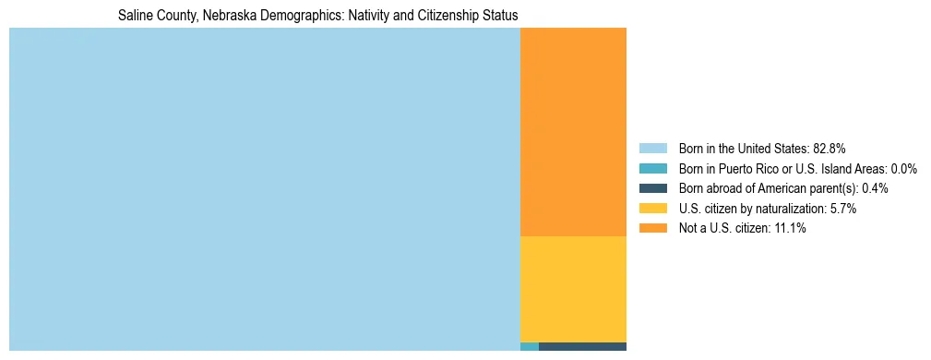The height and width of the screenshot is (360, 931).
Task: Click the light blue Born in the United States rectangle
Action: (x=265, y=189)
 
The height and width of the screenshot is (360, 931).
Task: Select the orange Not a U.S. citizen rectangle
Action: (x=573, y=132)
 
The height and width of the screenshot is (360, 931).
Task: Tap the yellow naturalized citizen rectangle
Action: (x=573, y=289)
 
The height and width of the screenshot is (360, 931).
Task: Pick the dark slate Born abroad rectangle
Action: (x=582, y=346)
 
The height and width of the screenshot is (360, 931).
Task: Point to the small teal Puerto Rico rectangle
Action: (x=530, y=346)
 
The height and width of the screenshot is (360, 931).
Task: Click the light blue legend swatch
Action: (x=652, y=149)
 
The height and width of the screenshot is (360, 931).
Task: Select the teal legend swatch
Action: (x=652, y=169)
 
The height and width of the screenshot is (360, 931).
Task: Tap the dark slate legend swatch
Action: (x=652, y=188)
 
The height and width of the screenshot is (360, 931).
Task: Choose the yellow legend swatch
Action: (x=652, y=209)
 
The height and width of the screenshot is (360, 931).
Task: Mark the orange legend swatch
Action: (x=652, y=229)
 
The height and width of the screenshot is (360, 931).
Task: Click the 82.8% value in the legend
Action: (x=830, y=149)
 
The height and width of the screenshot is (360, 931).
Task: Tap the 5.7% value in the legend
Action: (x=841, y=209)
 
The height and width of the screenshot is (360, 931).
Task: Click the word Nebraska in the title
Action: (x=233, y=16)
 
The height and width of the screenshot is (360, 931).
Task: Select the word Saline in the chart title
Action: (x=135, y=16)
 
